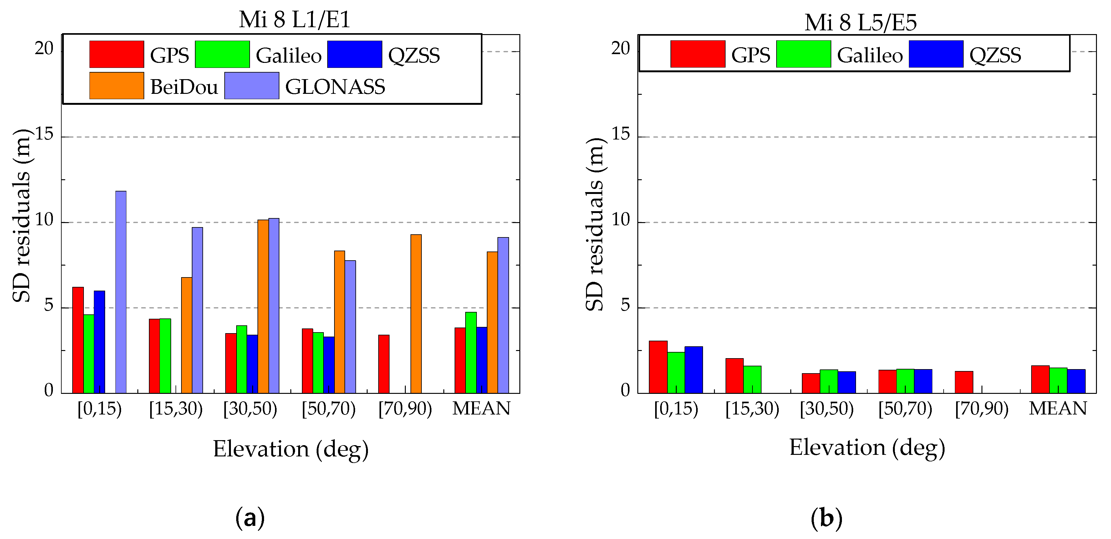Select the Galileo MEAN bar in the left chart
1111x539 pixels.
tap(471, 353)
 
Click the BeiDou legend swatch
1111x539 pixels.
tap(116, 86)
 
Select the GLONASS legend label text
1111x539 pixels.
tap(335, 87)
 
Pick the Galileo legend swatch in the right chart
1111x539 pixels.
tap(803, 54)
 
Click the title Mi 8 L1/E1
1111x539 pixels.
tap(295, 20)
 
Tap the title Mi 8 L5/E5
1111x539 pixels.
tap(860, 23)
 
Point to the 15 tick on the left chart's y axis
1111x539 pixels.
tap(44, 135)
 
